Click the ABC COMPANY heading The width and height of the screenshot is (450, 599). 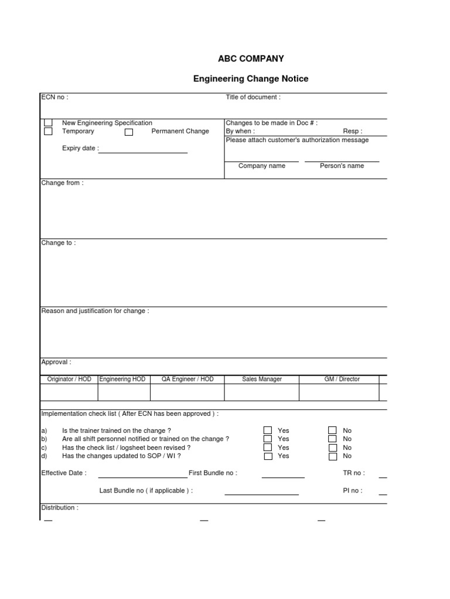[250, 58]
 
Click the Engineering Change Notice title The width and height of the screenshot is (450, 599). [251, 78]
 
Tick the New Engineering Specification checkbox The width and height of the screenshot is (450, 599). [48, 123]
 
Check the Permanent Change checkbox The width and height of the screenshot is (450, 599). [129, 132]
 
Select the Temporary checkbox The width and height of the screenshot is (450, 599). [48, 132]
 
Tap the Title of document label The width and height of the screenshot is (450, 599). [253, 97]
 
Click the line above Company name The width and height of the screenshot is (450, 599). [261, 160]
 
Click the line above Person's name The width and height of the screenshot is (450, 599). [342, 160]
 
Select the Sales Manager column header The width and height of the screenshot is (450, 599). [262, 379]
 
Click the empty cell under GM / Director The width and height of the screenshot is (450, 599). [342, 392]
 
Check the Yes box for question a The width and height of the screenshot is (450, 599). [268, 431]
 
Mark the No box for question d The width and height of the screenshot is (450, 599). [332, 456]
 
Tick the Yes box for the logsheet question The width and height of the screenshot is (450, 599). [268, 447]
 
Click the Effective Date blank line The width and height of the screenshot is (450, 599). [142, 476]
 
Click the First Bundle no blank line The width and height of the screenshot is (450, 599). [283, 476]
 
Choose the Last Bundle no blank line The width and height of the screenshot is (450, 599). [261, 494]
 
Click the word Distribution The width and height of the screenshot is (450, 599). [59, 508]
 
